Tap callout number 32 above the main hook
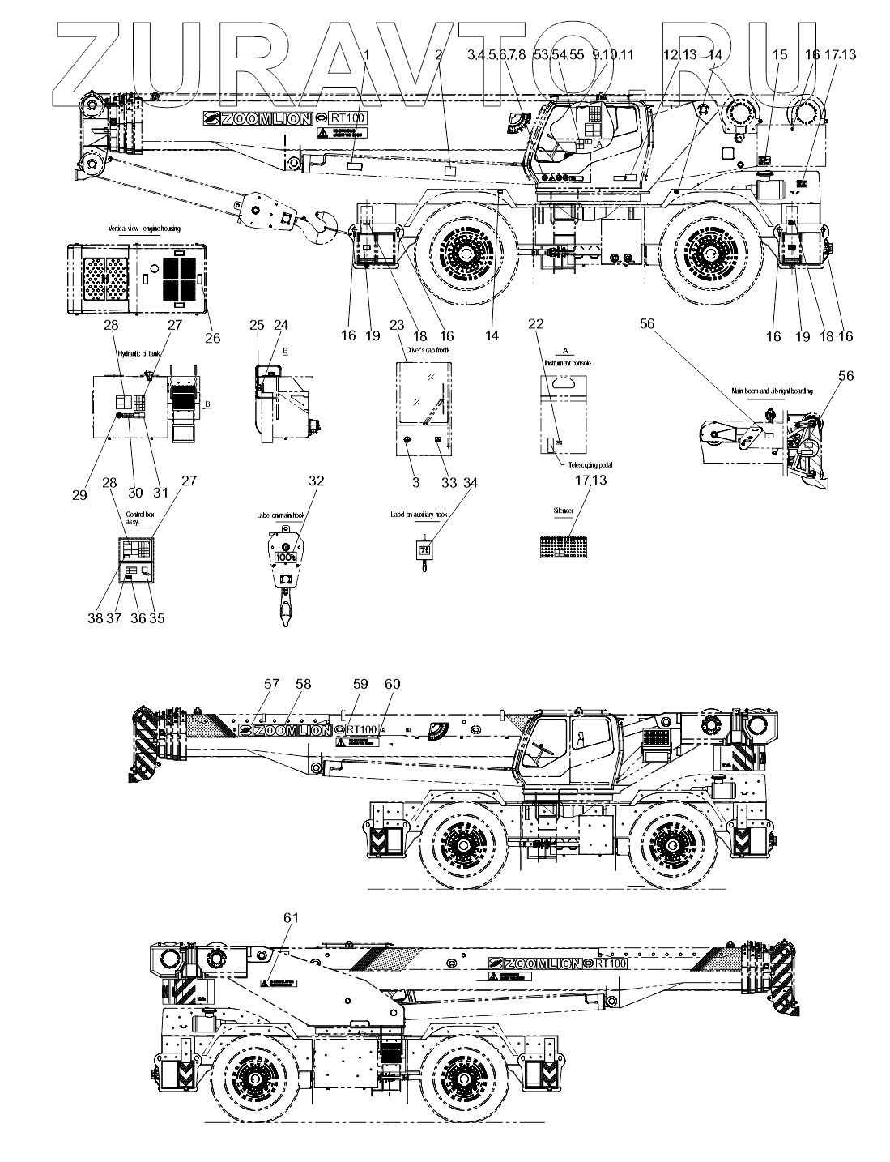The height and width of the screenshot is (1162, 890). (x=316, y=481)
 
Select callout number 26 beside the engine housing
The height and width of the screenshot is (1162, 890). (x=212, y=338)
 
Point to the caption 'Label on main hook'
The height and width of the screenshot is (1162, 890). (x=283, y=514)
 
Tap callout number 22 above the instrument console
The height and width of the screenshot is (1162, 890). (x=534, y=324)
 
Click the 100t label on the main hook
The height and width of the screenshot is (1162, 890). (x=285, y=558)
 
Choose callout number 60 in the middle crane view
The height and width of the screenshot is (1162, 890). (x=392, y=685)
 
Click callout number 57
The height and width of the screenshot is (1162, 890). (x=270, y=685)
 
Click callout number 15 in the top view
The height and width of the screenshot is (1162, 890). (x=779, y=55)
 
